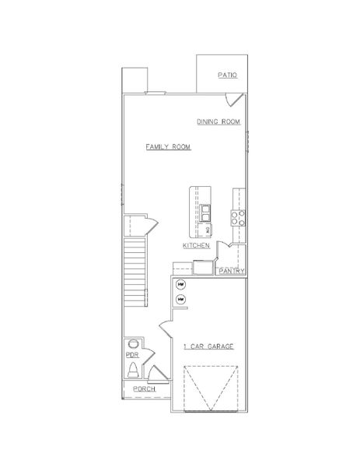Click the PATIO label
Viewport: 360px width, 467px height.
(227, 75)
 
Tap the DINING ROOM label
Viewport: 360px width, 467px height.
(218, 122)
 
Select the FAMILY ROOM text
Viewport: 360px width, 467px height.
(168, 146)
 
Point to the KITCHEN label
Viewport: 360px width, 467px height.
(197, 245)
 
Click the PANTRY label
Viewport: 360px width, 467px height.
(232, 271)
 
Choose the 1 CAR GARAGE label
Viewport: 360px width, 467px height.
(209, 345)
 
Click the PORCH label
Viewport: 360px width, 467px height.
(144, 388)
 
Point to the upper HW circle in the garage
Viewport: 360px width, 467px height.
(180, 284)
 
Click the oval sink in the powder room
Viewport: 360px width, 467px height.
(132, 342)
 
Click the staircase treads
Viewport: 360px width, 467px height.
(135, 265)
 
